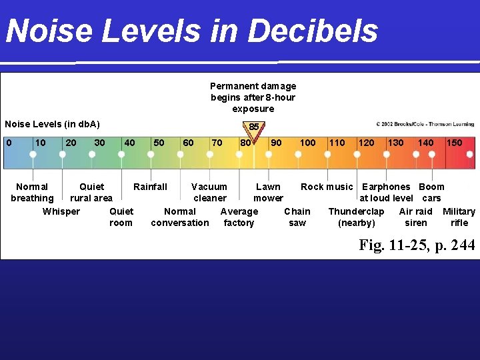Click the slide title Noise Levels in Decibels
pos(191,31)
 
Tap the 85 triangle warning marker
pos(254,128)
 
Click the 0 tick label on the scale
pos(9,143)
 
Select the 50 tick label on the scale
pos(159,143)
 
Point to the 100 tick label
pos(307,143)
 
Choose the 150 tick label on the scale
pos(454,143)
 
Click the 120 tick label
pos(366,143)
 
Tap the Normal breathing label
pos(32,193)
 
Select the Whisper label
pos(61,211)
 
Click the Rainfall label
pos(150,187)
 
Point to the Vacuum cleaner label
pos(209,193)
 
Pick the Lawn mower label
pos(268,193)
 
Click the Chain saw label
pos(297,217)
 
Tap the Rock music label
pos(327,187)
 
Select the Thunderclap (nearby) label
pos(356,217)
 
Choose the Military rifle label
pos(459,217)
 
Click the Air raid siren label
pos(416,217)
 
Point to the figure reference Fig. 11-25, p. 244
pos(417,245)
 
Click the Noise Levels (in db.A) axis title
pos(52,124)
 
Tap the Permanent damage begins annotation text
pos(253,97)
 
